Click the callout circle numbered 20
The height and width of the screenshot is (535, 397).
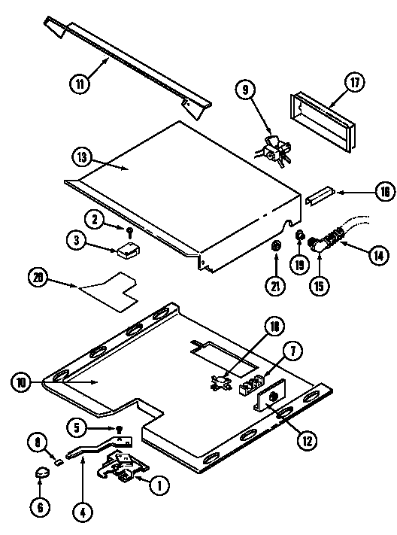(39, 276)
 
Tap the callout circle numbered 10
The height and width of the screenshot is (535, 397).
(23, 382)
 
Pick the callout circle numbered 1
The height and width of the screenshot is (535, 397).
(158, 486)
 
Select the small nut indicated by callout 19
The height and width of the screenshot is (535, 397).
(299, 239)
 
